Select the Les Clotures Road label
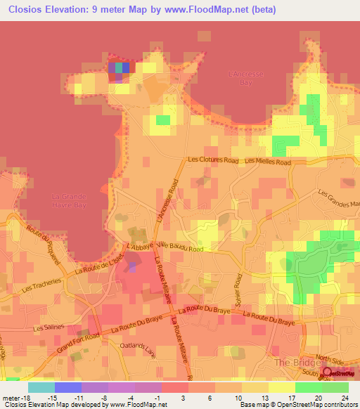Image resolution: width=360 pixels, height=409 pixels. pos(213,160)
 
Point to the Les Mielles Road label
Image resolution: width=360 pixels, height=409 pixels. pos(268,162)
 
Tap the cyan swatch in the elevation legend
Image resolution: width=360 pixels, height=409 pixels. pos(41,387)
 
